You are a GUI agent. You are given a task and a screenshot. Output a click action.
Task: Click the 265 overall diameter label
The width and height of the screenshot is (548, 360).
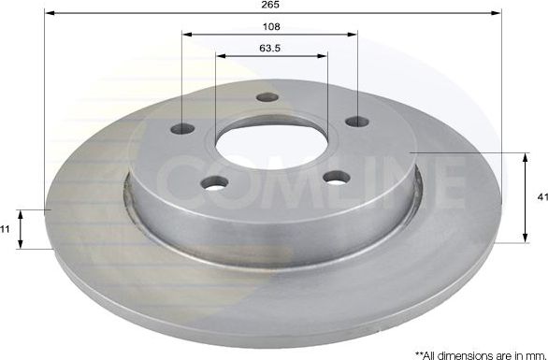pos(271,7)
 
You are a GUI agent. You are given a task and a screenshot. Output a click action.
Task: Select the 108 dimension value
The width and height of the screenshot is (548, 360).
pos(270,27)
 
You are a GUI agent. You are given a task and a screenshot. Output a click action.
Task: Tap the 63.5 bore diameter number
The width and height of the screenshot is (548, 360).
pos(271,48)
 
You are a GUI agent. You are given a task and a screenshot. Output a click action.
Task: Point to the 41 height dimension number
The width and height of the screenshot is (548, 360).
pos(540,197)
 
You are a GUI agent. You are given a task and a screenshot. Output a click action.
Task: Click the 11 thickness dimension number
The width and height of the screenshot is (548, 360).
pos(7,229)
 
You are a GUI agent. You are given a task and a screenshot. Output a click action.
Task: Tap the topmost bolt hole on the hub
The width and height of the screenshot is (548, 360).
pos(268,98)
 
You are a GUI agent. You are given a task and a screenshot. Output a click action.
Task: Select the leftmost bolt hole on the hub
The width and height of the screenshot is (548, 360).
pos(184,129)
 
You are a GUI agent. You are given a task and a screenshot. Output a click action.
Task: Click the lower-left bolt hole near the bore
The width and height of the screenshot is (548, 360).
pos(214,183)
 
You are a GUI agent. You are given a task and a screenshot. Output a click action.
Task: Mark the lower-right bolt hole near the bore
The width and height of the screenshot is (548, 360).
pos(336,175)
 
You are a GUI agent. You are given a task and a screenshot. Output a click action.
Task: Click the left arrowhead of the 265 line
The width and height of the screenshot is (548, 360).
pos(48,14)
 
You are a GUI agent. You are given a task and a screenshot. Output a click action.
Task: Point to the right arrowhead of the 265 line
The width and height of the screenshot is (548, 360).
pos(498,14)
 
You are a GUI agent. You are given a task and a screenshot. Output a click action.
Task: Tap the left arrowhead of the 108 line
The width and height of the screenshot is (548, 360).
pos(185,35)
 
